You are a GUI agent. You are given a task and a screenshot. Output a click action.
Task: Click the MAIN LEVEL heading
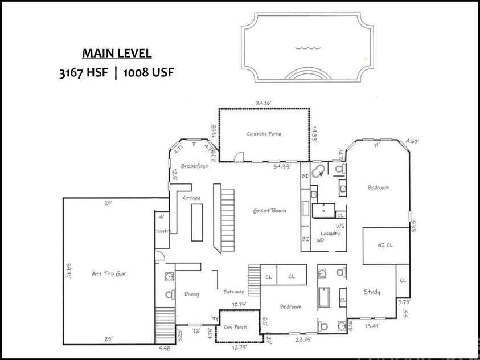pyautogui.click(x=117, y=54)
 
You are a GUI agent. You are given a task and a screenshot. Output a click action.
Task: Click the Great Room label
pyautogui.click(x=269, y=211)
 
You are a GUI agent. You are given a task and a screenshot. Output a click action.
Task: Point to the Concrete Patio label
pyautogui.click(x=264, y=134)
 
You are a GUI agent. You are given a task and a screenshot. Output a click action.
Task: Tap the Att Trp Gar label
pyautogui.click(x=109, y=274)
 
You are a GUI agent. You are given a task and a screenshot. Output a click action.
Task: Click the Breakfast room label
pyautogui.click(x=195, y=166)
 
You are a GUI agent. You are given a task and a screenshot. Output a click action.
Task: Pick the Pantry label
pyautogui.click(x=163, y=231)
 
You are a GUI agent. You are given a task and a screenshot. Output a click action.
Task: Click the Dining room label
pyautogui.click(x=191, y=294)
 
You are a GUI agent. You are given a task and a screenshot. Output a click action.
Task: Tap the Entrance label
pyautogui.click(x=233, y=292)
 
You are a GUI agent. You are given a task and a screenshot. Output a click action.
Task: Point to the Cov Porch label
pyautogui.click(x=235, y=328)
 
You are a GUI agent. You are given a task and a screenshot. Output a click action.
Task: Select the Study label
pyautogui.click(x=372, y=292)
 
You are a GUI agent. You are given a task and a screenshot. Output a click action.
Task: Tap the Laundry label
pyautogui.click(x=330, y=234)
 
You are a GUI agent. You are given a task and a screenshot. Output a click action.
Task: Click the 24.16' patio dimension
pyautogui.click(x=263, y=103)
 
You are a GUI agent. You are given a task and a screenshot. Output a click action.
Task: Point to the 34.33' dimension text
pyautogui.click(x=282, y=166)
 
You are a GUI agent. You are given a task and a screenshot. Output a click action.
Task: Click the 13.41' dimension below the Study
pyautogui.click(x=372, y=325)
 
